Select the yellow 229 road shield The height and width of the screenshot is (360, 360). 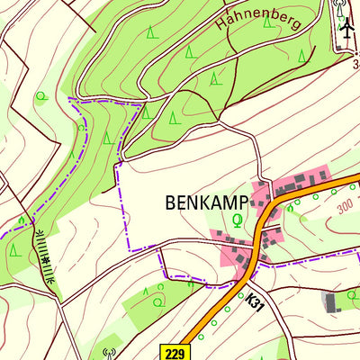pos(175,352)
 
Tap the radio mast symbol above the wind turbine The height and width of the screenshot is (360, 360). pos(340,6)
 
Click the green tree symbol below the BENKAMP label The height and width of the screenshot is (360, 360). pos(238,219)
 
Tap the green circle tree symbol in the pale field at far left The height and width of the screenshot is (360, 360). pos(40,95)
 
